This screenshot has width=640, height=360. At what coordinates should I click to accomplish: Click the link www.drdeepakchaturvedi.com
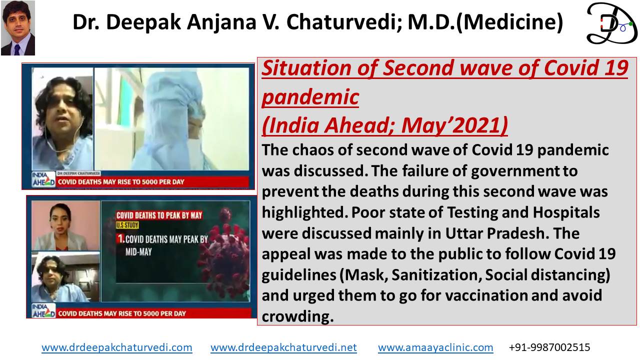pos(117,347)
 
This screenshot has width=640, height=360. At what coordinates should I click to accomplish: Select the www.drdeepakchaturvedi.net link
pos(283,347)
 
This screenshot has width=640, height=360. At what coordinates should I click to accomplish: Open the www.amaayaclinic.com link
pos(435,347)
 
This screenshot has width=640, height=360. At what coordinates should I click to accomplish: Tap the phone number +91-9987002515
pos(549,347)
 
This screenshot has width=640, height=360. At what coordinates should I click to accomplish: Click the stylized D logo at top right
pos(611,23)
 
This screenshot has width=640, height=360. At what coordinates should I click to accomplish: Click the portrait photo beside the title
pos(18,28)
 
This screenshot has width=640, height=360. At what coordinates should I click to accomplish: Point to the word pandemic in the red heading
pos(310,97)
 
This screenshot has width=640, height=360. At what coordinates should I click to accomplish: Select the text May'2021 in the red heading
pos(454,125)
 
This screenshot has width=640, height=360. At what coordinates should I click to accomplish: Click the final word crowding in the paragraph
pos(297,317)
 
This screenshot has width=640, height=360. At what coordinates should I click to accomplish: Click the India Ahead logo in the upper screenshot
pos(43,179)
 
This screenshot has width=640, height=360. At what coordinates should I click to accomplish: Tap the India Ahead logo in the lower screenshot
pos(43,310)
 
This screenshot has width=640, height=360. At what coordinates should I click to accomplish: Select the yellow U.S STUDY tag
pos(127,225)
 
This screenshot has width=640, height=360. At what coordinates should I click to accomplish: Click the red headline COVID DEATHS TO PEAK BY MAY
pos(159,215)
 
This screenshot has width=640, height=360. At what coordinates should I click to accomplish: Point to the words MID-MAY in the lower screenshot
pos(138,252)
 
